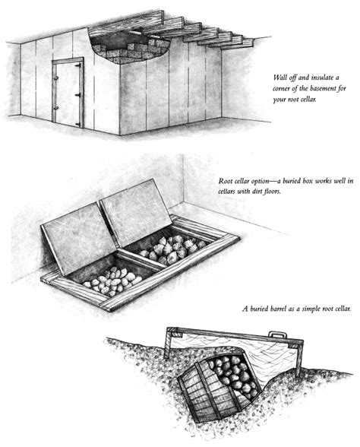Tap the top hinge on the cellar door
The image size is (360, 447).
79,66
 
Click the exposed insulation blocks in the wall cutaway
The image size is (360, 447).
131,51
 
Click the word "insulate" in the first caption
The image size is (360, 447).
323,78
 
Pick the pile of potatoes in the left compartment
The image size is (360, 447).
112,281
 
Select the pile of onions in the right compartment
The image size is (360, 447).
172,249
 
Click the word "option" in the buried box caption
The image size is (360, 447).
258,181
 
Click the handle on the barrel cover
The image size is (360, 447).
278,334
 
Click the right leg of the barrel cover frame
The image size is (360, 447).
299,358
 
